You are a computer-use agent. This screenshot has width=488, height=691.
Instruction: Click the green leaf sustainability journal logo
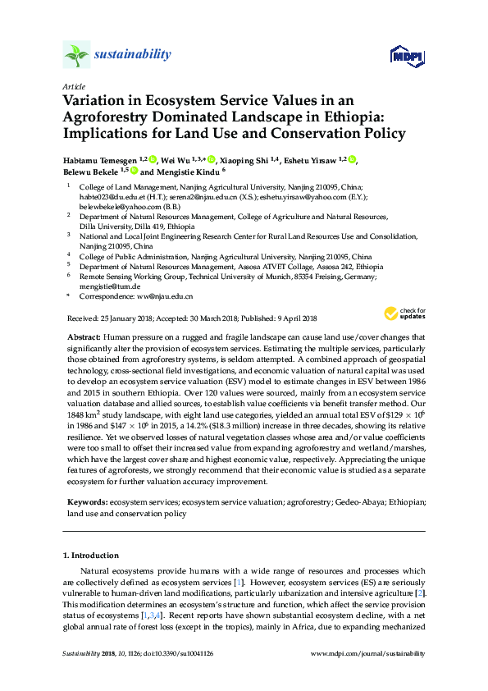[77, 55]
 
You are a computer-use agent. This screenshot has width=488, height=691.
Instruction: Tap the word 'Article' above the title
[74, 86]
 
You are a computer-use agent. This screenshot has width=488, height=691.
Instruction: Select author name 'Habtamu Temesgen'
[100, 159]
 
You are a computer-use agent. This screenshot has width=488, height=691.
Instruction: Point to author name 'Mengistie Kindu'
[185, 172]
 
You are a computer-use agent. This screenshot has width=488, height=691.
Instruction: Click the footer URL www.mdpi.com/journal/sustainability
[369, 653]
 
